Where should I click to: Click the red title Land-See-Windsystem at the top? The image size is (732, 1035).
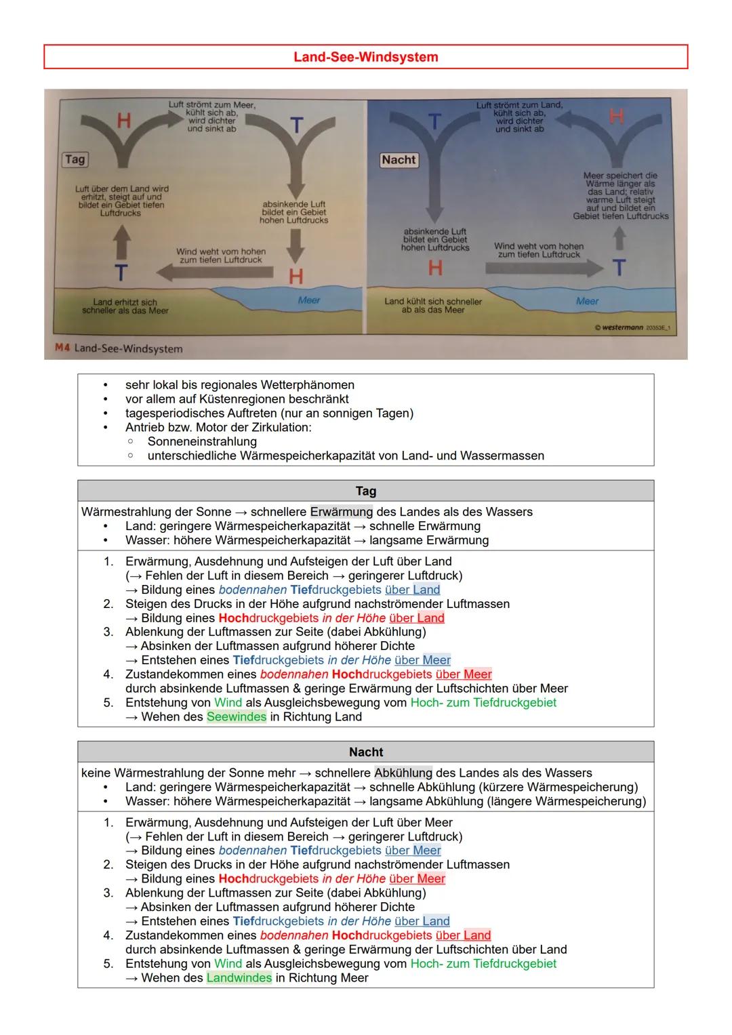point(365,57)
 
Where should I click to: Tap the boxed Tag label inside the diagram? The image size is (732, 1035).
point(75,159)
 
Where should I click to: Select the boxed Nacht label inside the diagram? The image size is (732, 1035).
point(399,160)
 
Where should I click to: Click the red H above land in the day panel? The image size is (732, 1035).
point(123,121)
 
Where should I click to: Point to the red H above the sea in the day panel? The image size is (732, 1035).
point(296,276)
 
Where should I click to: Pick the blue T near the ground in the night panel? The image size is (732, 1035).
point(619,268)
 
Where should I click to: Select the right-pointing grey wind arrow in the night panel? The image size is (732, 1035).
point(542,267)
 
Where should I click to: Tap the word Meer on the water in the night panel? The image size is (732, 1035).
point(587,301)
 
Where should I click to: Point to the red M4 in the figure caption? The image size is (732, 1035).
point(62,348)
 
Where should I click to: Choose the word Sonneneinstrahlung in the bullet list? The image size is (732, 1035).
point(202,441)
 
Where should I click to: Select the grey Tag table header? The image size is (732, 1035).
point(365,491)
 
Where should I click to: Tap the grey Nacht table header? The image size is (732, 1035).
point(365,752)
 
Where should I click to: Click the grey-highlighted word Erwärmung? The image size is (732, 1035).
point(341,512)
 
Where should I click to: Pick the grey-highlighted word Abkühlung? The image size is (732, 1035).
point(403,773)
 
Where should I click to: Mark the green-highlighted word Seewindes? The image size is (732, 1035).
point(236,716)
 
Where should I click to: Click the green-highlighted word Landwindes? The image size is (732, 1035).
point(239,977)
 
